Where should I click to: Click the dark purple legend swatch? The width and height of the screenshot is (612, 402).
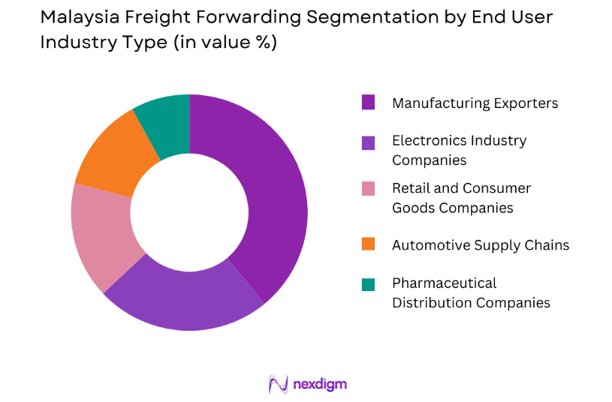click(368, 103)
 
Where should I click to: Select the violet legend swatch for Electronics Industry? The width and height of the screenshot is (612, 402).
click(368, 142)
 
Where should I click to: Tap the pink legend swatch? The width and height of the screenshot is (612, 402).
click(368, 189)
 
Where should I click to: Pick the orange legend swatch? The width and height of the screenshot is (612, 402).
click(368, 244)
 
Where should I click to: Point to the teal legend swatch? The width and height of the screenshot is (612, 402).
click(368, 284)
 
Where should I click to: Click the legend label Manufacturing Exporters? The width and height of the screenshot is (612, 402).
click(475, 103)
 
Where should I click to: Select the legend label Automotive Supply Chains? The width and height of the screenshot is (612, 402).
click(480, 245)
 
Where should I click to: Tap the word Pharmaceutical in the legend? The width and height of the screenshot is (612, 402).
click(444, 283)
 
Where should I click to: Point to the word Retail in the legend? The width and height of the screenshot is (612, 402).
click(411, 188)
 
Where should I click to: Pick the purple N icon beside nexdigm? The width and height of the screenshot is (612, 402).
click(279, 384)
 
